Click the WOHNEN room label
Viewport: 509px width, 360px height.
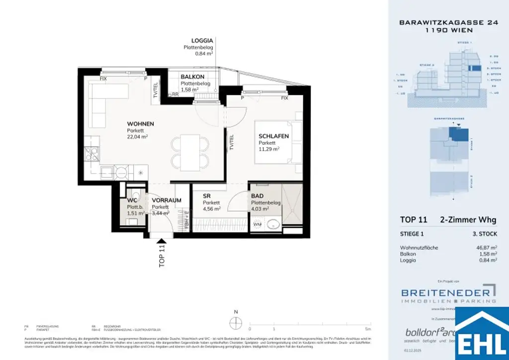[140, 124]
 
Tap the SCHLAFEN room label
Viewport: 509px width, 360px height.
[273, 136]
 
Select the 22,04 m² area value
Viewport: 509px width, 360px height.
[137, 136]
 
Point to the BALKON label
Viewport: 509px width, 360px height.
[192, 77]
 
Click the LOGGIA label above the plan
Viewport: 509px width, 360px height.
[202, 41]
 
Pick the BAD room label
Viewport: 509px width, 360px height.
[257, 196]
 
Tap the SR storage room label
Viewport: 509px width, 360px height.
[207, 196]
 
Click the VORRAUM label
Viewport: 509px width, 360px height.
[167, 200]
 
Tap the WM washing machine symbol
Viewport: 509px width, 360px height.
[257, 225]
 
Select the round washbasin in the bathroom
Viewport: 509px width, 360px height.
[273, 225]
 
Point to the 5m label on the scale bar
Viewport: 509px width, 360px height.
[367, 329]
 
